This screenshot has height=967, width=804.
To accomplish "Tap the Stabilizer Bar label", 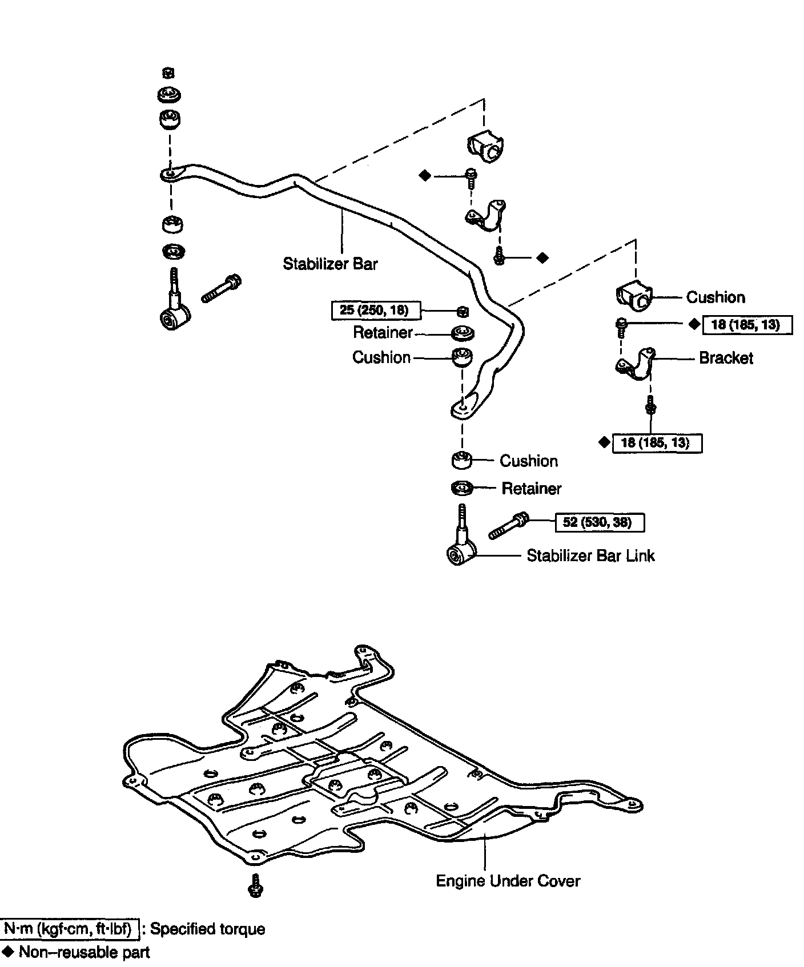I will tap(330, 264).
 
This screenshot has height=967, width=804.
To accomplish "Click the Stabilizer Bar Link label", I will tap(590, 555).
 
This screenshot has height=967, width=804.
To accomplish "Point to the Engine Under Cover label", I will tap(508, 881).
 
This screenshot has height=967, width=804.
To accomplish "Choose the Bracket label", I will tap(726, 358).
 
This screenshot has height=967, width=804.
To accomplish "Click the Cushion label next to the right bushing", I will tap(715, 297).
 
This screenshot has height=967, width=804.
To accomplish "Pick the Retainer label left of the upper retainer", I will tap(383, 332).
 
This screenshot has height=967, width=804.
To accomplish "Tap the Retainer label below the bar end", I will tap(531, 488).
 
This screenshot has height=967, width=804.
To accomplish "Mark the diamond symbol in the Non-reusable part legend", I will tap(8, 952).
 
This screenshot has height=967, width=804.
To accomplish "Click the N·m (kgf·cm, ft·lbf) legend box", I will tap(71, 929).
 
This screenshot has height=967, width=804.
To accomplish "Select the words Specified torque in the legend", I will tap(207, 929).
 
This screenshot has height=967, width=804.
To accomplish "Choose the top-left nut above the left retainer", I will tap(168, 72).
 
